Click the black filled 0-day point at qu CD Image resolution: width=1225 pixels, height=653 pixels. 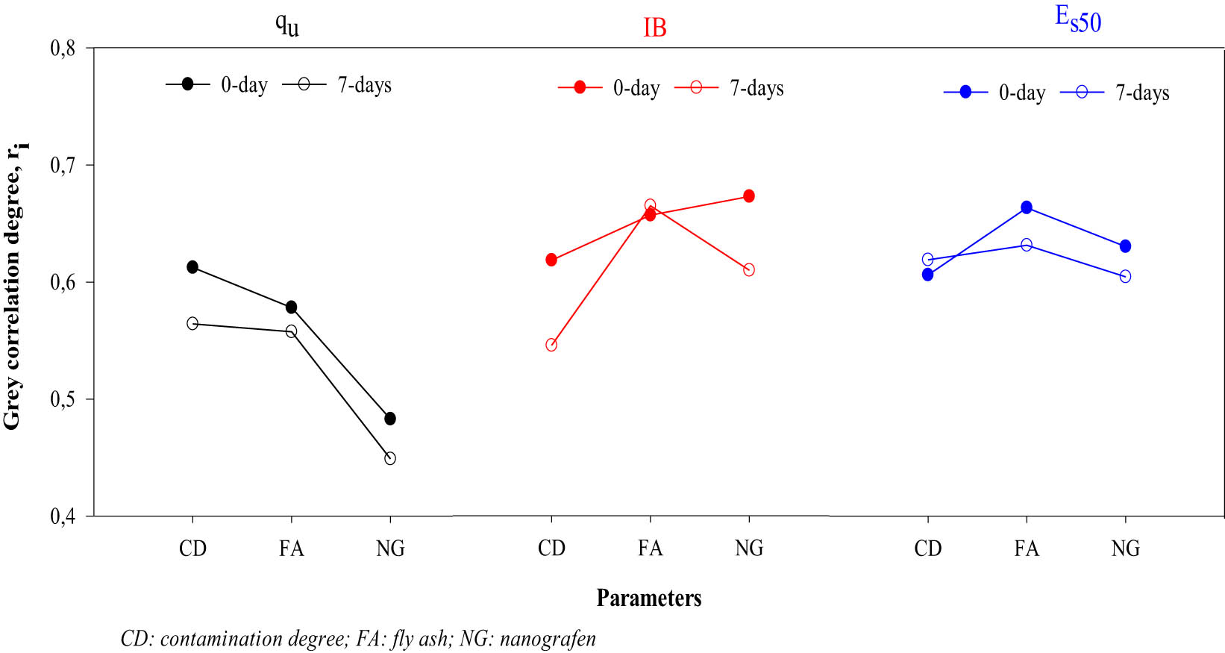[192, 267]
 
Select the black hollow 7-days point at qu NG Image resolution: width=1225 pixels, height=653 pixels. [390, 458]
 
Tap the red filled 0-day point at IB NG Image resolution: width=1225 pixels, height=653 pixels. [749, 196]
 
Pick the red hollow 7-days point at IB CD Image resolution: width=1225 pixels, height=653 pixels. [551, 345]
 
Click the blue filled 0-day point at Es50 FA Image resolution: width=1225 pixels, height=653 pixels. [1027, 207]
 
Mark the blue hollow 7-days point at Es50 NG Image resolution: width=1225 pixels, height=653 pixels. [1125, 277]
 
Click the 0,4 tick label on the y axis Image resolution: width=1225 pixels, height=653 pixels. [63, 516]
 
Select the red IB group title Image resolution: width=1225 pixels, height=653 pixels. [654, 28]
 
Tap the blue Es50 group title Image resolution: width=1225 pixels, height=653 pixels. [1078, 19]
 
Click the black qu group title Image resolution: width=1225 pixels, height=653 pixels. [287, 25]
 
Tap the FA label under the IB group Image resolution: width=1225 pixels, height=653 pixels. [650, 549]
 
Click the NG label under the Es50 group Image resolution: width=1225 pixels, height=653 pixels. [1125, 549]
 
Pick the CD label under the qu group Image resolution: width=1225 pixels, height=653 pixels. [192, 549]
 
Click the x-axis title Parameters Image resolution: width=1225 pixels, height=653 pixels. [648, 598]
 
